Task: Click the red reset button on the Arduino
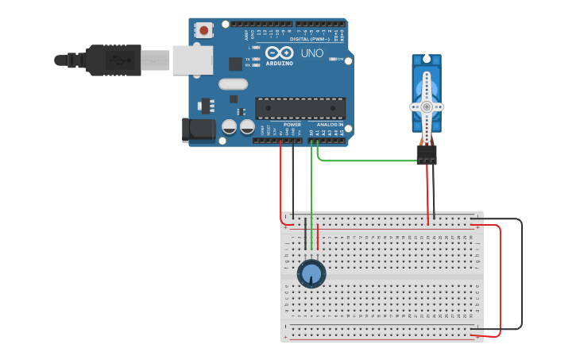coord(204,31)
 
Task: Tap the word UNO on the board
coord(311,53)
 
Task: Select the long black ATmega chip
coord(300,109)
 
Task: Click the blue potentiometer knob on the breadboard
coord(311,274)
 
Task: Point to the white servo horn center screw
coord(427,106)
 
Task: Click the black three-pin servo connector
coord(427,155)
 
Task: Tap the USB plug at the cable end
coord(111,60)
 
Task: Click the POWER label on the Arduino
coord(292,125)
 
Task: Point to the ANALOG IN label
coord(331,125)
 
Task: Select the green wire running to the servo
coord(365,161)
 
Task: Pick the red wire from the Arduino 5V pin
coord(280,183)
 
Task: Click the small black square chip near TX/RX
coord(235,64)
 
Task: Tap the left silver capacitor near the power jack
coord(230,126)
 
